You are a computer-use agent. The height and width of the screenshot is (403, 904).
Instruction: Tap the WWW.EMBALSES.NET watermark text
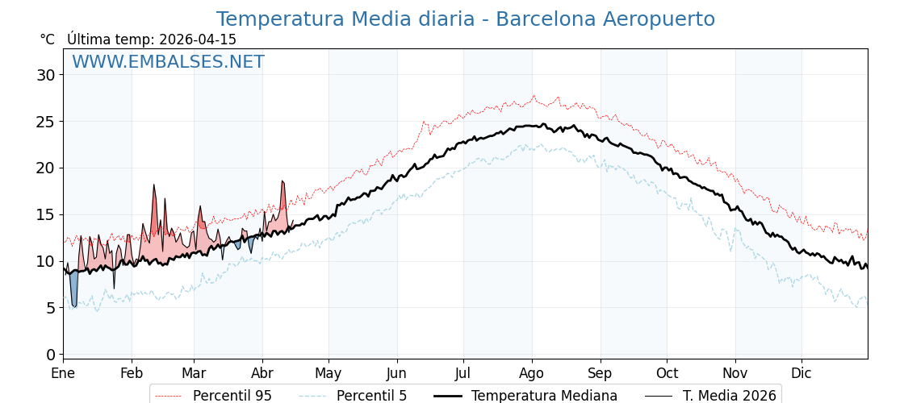(x=168, y=62)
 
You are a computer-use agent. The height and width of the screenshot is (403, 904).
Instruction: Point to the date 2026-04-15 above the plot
(x=198, y=39)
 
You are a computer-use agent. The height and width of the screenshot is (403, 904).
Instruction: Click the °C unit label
(x=48, y=39)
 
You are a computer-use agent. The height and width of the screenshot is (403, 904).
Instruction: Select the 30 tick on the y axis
(x=46, y=75)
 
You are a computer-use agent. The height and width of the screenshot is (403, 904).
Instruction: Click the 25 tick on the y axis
(x=46, y=122)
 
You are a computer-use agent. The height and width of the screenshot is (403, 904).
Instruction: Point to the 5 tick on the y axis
(x=50, y=308)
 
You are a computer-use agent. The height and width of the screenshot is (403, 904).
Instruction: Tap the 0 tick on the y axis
(x=50, y=355)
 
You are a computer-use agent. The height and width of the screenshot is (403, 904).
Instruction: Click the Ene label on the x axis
(x=63, y=374)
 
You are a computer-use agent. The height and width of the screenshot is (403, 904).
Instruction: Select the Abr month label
(x=262, y=374)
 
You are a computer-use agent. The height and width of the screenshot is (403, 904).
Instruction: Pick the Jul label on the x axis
(x=463, y=374)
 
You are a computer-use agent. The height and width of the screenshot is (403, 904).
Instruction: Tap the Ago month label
(x=532, y=374)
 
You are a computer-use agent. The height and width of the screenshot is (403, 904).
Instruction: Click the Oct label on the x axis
(x=667, y=374)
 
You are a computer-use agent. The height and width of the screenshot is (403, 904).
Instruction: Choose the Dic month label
(x=801, y=374)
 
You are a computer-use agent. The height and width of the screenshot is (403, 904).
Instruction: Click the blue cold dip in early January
(x=73, y=290)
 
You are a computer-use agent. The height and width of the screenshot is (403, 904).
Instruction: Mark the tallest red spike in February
(x=154, y=201)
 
